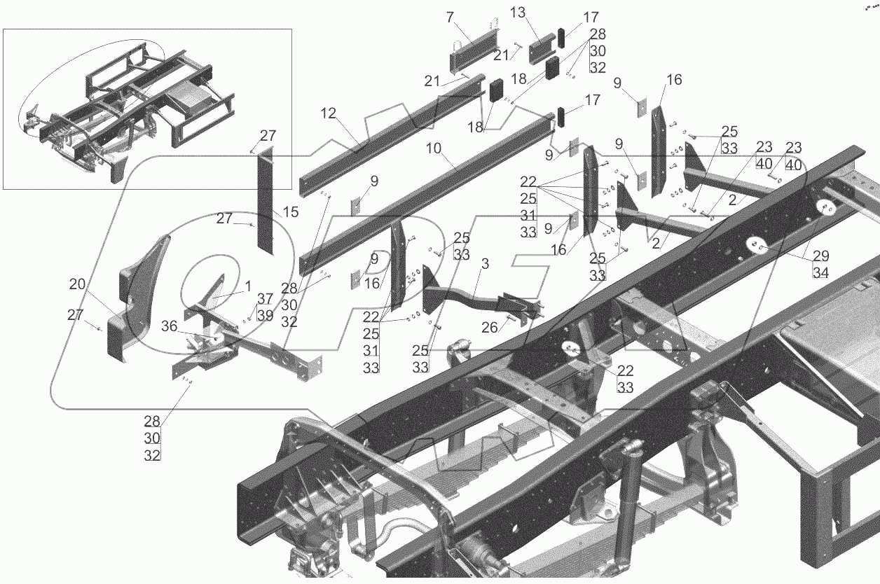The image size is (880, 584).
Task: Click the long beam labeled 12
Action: pos(392,133)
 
